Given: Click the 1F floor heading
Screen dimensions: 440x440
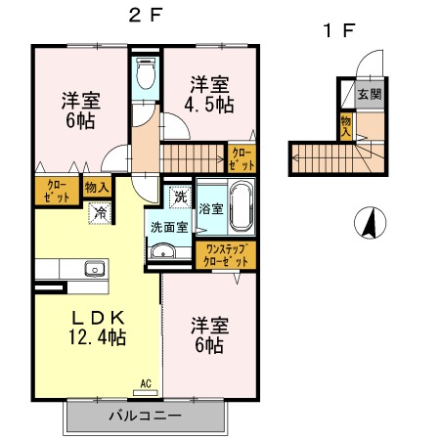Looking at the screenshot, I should click(338, 29).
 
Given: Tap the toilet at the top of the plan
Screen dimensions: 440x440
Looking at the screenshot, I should click(146, 72).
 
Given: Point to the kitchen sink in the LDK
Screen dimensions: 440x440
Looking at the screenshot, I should click(95, 269).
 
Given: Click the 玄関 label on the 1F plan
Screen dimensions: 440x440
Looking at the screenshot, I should click(368, 95).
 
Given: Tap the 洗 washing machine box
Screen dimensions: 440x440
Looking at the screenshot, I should click(179, 198).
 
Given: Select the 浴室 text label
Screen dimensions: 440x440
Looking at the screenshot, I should click(210, 208).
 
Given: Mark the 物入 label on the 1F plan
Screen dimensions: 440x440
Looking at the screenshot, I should click(346, 125).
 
